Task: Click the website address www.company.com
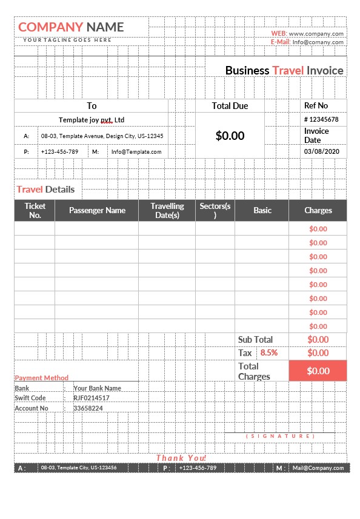click(x=316, y=34)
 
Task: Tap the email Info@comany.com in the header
click(x=318, y=42)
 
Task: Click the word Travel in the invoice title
click(x=288, y=70)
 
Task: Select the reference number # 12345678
click(x=321, y=119)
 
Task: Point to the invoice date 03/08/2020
click(x=321, y=151)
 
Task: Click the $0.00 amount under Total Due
click(x=230, y=136)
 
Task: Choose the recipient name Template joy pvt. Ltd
click(x=92, y=120)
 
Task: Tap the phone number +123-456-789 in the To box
click(x=59, y=151)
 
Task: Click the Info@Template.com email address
click(x=136, y=151)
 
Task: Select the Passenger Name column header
click(x=97, y=210)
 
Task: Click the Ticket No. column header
click(x=35, y=210)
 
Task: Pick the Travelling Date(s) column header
click(x=167, y=210)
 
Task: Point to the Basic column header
click(x=262, y=210)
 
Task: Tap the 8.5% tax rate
click(x=269, y=352)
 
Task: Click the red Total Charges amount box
click(x=318, y=371)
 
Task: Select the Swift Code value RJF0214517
click(x=92, y=398)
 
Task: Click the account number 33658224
click(x=88, y=408)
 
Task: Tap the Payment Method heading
click(x=42, y=377)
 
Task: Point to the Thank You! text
click(x=181, y=458)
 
